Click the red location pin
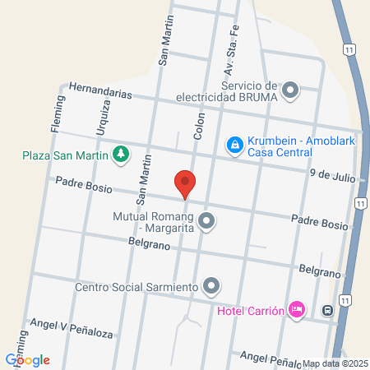coord(185,183)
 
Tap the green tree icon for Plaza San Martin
coord(121,153)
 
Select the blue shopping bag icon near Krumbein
coord(234,146)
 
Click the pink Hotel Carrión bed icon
coord(298,310)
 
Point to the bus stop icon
coord(327,311)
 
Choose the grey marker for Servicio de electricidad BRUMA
coord(290,91)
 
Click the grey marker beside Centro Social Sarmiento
coord(211,286)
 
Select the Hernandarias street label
coord(100,90)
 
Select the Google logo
coord(27,359)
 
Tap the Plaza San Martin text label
coord(66,154)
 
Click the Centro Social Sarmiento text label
coord(136,287)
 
